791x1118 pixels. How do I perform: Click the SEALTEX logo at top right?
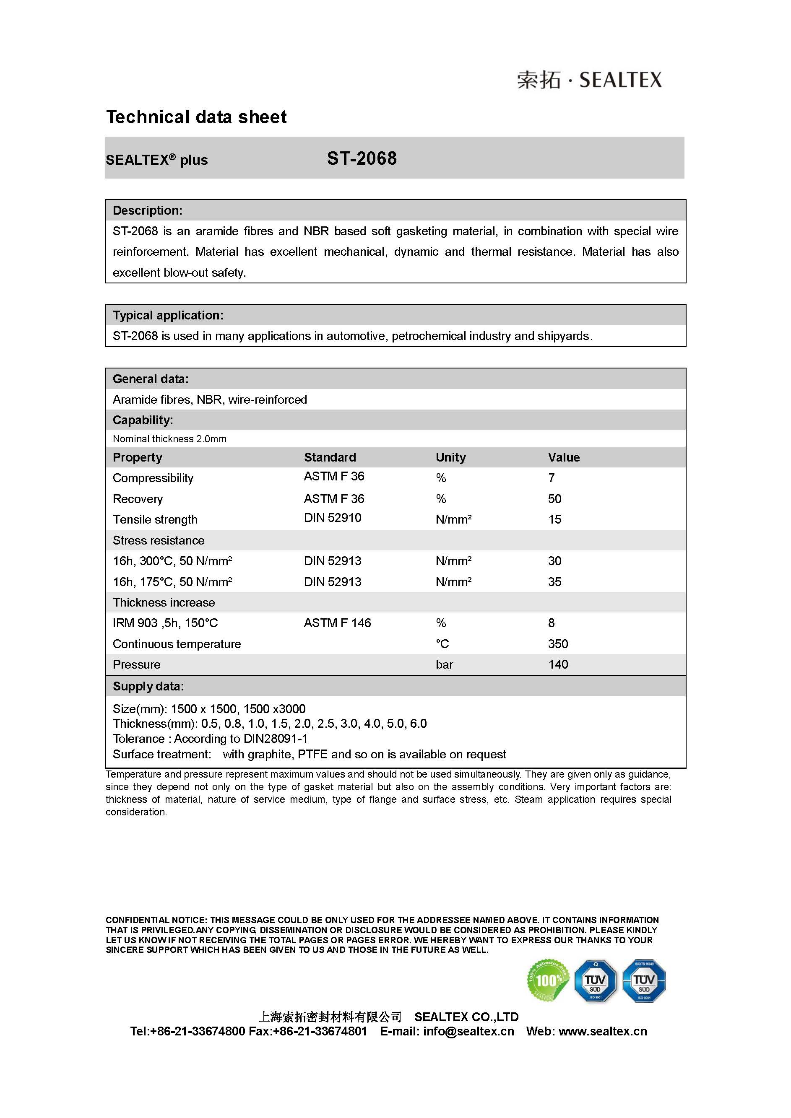(x=589, y=80)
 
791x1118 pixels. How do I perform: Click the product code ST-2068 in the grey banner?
(x=362, y=159)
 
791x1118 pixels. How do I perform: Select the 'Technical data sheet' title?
(x=196, y=117)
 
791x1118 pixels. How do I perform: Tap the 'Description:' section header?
(x=148, y=210)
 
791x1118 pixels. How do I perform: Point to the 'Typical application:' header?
(x=168, y=315)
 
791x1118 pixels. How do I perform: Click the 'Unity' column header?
(x=450, y=457)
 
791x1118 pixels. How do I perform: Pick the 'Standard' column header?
(x=330, y=457)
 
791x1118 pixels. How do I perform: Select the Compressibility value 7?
(x=552, y=478)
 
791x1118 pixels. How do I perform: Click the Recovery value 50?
(x=554, y=498)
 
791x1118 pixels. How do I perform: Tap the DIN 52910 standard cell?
(x=333, y=518)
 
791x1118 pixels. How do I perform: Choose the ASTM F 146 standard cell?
(x=337, y=623)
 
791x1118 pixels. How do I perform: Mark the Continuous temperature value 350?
(x=558, y=644)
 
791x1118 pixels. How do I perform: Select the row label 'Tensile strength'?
(x=155, y=519)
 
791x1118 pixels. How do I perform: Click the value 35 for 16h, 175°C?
(x=554, y=582)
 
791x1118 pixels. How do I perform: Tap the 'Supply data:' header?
(x=148, y=686)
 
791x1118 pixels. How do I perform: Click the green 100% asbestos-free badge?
(x=548, y=980)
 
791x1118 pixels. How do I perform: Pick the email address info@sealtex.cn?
(x=468, y=1031)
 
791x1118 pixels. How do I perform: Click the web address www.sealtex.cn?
(x=603, y=1031)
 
